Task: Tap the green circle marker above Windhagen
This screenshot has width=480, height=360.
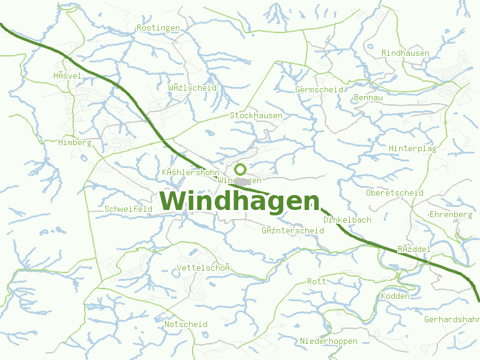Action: tap(241, 169)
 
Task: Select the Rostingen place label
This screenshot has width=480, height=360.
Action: tap(158, 28)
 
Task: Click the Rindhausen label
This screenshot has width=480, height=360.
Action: tap(406, 53)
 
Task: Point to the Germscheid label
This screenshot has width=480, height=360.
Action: tap(319, 89)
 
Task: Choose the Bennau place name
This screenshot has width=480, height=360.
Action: tap(368, 98)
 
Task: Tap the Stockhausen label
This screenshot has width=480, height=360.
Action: tap(256, 115)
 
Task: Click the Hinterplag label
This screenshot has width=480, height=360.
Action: tap(413, 148)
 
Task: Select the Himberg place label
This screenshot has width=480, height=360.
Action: tap(75, 143)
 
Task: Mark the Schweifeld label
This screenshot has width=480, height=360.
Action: tap(128, 209)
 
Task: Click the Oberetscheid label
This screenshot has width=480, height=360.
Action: tap(395, 193)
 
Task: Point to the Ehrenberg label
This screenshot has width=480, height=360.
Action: tap(451, 214)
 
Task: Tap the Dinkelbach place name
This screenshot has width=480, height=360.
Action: tap(347, 220)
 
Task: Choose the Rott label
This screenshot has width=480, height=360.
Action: tap(316, 281)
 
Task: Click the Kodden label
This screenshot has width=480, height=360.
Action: tap(395, 296)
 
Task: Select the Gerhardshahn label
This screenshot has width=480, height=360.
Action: tap(452, 319)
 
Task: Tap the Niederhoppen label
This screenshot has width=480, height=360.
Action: tap(329, 341)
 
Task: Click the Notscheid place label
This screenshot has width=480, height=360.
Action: tap(186, 324)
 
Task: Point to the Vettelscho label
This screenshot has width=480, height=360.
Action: tap(204, 268)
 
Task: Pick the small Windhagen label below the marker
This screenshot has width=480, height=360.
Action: tap(240, 181)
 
